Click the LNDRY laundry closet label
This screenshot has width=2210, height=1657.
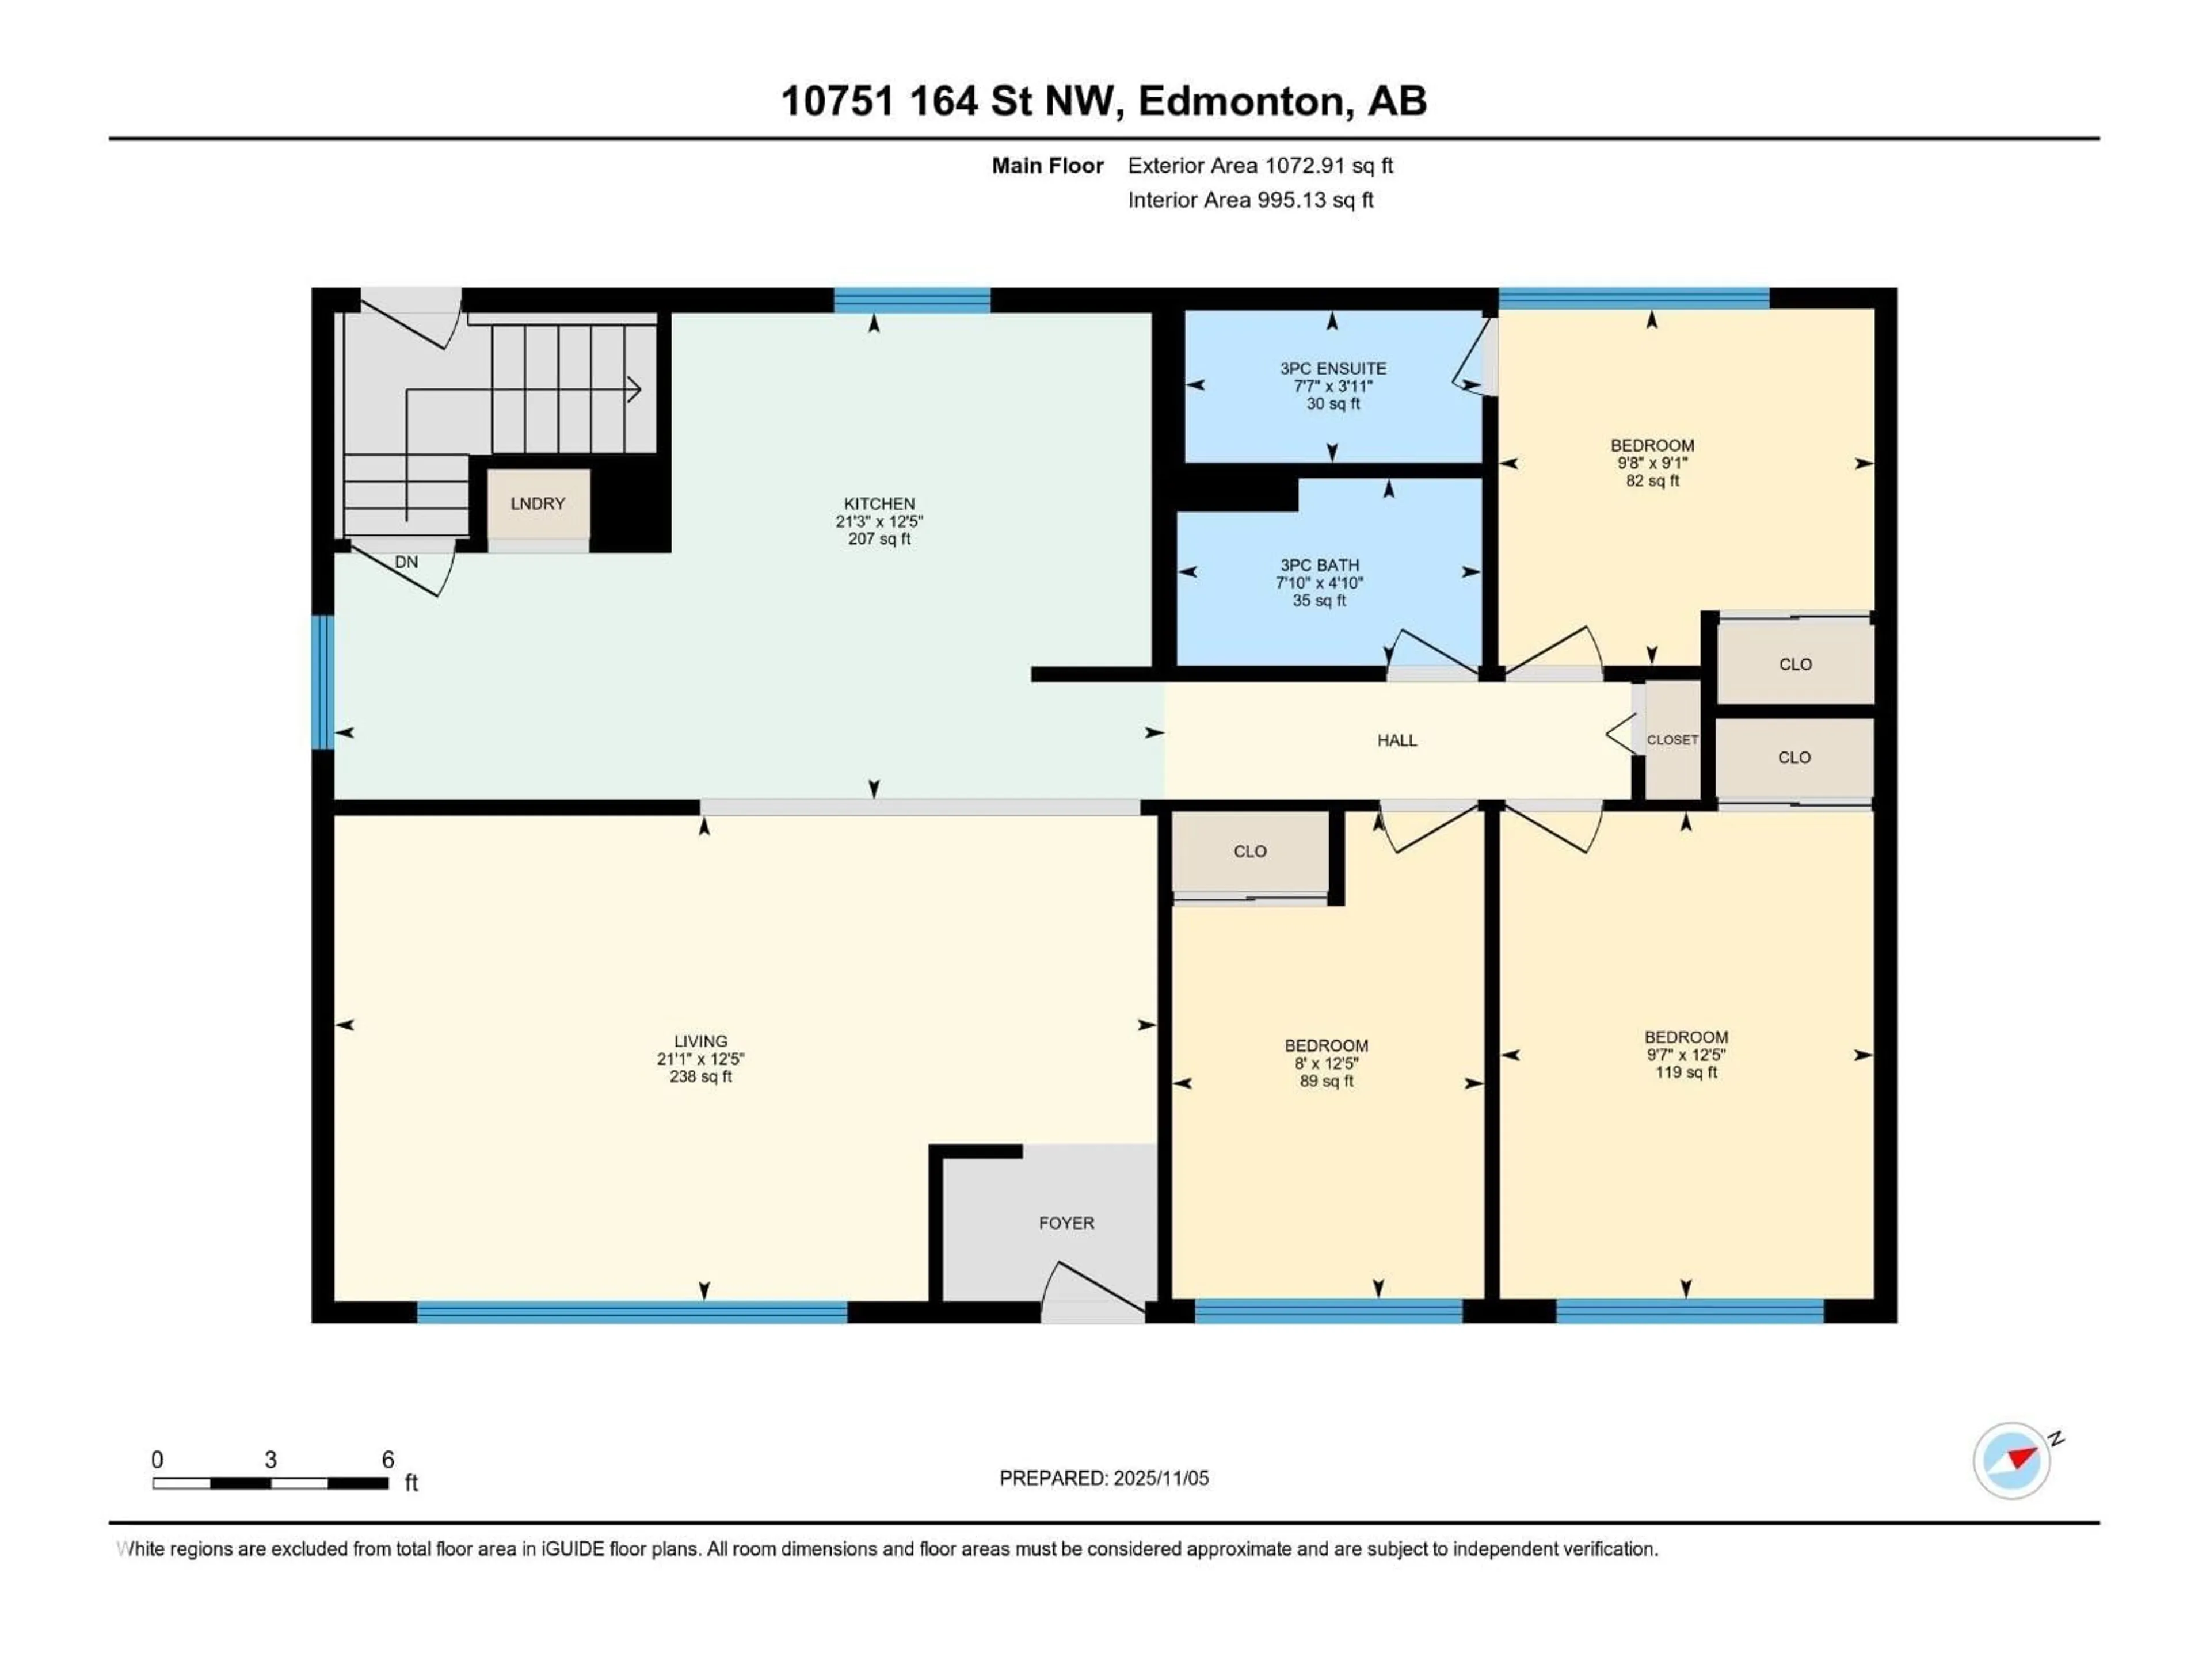coord(538,503)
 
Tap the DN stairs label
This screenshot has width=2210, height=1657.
coord(406,562)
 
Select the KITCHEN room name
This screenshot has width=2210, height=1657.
coord(879,503)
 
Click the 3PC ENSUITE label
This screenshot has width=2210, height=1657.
coord(1333,369)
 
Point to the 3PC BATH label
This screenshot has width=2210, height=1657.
coord(1319,566)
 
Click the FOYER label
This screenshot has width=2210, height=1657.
coord(1066,1223)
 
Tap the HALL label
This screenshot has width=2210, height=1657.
coord(1397,740)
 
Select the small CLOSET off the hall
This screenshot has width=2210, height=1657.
coord(1671,740)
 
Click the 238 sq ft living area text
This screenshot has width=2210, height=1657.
coord(700,1076)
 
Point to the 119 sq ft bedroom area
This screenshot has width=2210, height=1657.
coord(1686,1072)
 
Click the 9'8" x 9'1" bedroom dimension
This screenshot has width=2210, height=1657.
coord(1652,463)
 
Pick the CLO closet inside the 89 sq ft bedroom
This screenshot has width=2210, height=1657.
coord(1250,851)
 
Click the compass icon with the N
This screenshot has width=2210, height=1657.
coord(2012,1460)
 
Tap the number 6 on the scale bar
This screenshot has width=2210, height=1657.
coord(388,1459)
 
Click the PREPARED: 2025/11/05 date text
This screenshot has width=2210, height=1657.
coord(1104,1478)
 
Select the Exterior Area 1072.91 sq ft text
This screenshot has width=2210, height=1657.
coord(1260,166)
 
